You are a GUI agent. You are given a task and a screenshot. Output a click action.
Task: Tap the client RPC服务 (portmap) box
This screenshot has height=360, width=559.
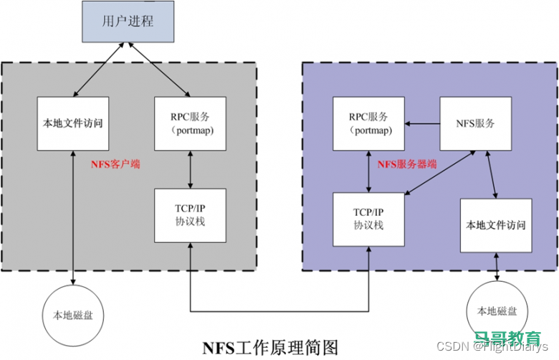click(x=190, y=123)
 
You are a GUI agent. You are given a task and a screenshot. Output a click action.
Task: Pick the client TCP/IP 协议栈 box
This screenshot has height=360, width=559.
click(x=190, y=215)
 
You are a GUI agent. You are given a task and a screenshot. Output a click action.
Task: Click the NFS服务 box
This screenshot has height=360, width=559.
click(x=475, y=123)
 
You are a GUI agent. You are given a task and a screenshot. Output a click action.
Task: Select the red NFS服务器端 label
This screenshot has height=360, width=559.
click(x=407, y=164)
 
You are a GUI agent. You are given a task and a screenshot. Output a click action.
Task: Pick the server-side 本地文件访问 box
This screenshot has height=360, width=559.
click(x=496, y=224)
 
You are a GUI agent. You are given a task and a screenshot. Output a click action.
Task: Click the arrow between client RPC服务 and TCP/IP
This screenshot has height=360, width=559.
click(x=190, y=169)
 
